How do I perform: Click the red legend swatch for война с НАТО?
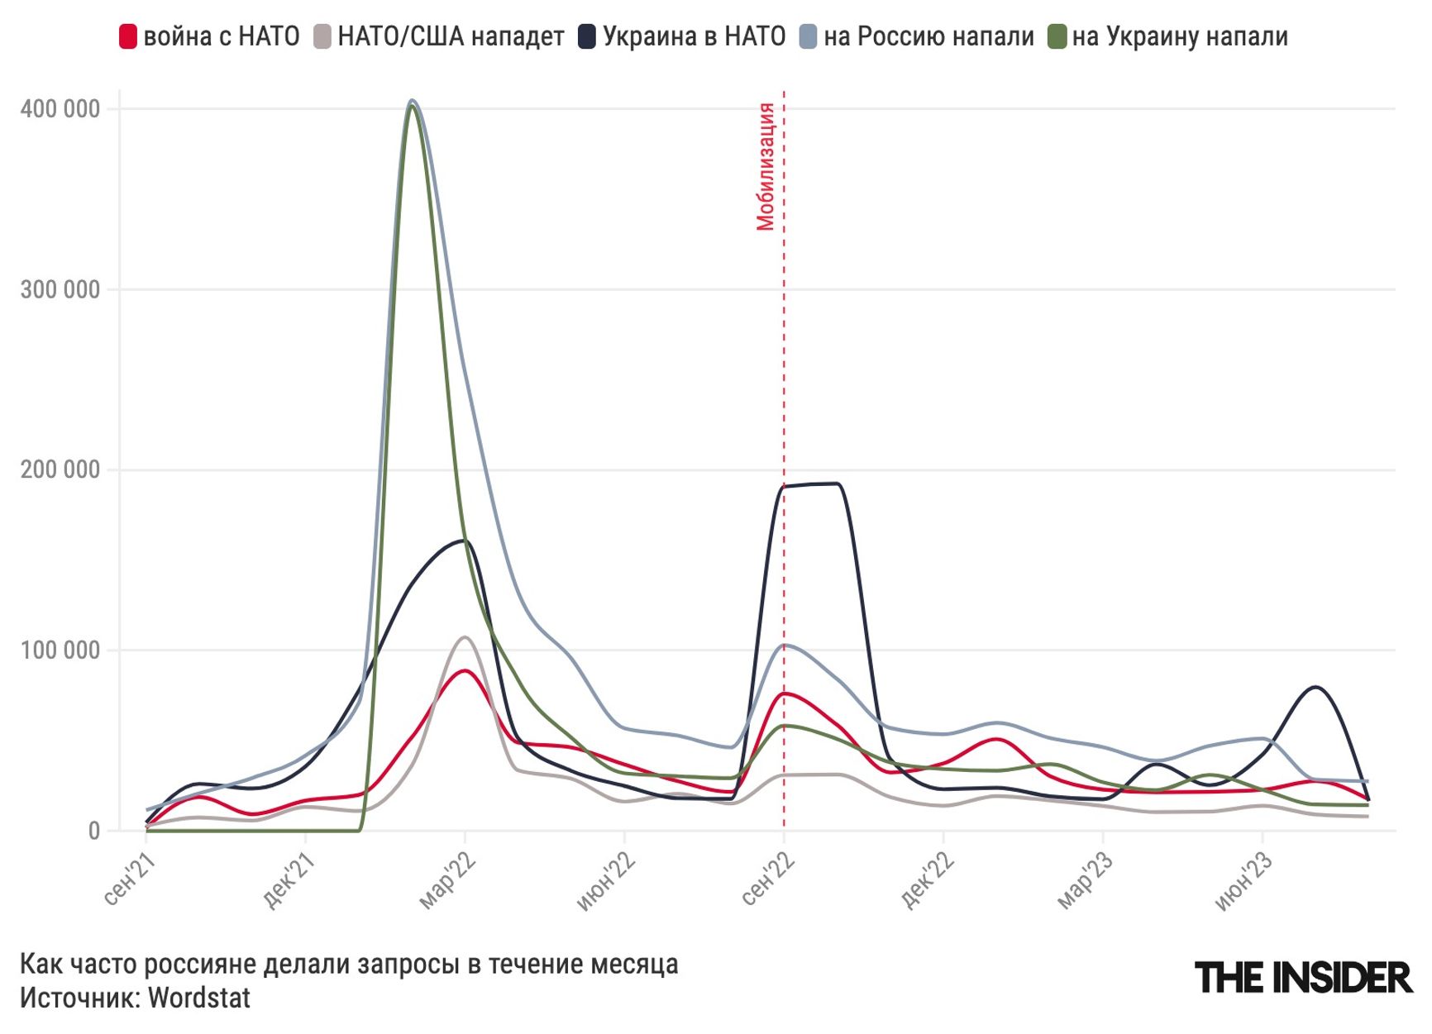(128, 37)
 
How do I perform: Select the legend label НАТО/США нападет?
(451, 37)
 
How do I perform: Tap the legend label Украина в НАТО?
(694, 37)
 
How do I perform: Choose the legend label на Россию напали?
(928, 37)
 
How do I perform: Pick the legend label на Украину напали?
(1180, 37)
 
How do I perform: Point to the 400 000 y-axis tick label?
(60, 109)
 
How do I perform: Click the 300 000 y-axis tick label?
(60, 290)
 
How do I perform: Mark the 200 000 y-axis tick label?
(60, 469)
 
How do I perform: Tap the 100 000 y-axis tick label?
(60, 650)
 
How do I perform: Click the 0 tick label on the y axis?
(94, 831)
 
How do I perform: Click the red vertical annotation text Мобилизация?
(766, 166)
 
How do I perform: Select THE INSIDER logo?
(1303, 978)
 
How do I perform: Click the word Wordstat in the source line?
(199, 998)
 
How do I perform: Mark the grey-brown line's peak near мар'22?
(465, 637)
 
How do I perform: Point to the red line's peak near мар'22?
(465, 670)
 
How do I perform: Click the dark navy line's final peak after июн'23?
(1315, 687)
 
